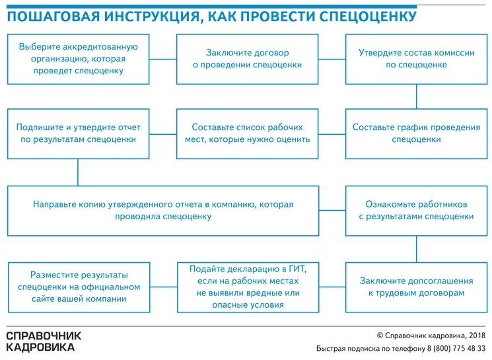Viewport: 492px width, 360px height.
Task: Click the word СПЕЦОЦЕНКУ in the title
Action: pyautogui.click(x=368, y=17)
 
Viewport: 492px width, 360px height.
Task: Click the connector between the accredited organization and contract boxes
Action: pyautogui.click(x=163, y=59)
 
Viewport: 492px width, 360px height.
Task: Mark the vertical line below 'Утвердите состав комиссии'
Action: pyautogui.click(x=416, y=96)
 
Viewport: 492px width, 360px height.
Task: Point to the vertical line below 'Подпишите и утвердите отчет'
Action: pyautogui.click(x=78, y=172)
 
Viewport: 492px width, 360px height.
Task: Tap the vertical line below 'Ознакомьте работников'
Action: pyautogui.click(x=416, y=249)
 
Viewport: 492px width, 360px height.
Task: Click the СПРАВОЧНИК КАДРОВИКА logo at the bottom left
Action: pyautogui.click(x=44, y=342)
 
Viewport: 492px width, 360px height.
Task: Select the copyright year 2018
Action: pyautogui.click(x=477, y=336)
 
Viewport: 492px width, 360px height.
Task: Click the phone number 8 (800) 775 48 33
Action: pyautogui.click(x=456, y=348)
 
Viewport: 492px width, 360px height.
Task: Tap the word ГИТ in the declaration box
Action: pyautogui.click(x=297, y=269)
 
